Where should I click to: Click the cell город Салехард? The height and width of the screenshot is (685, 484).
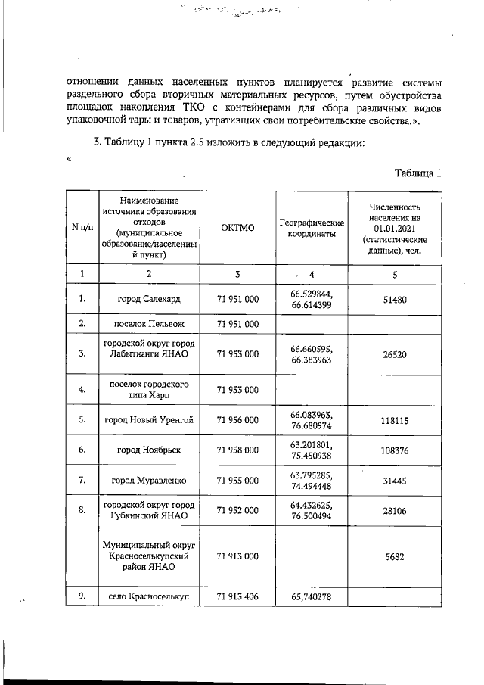149,299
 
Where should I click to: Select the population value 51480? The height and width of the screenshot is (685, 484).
395,299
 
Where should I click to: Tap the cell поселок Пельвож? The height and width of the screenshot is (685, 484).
149,324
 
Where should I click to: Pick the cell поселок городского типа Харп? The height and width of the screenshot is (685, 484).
149,390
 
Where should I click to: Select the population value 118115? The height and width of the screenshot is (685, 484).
395,420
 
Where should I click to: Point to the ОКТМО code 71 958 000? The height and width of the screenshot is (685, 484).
238,450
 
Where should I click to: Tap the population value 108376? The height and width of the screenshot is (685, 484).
395,450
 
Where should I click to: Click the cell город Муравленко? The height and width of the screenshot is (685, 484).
149,481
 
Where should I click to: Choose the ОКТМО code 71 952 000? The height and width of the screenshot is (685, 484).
238,511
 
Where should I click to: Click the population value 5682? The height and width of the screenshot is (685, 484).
395,556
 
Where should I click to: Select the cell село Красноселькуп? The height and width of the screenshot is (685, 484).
149,596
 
